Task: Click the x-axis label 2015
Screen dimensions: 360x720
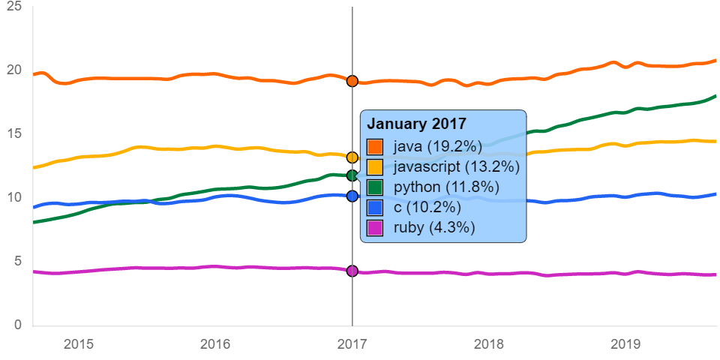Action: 79,344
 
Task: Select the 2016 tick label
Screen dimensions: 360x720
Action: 215,344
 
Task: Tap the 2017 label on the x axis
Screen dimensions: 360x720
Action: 352,344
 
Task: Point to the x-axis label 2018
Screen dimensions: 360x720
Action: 488,344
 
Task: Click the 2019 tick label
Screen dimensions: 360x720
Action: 625,344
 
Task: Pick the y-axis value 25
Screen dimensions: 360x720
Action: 13,7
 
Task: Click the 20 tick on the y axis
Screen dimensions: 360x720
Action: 13,70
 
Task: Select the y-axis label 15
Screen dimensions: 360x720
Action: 13,133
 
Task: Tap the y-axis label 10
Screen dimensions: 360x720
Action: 13,197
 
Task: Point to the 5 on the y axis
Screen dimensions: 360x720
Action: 17,261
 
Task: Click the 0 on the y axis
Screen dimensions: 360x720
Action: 17,325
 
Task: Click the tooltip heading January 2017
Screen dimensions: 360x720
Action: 416,124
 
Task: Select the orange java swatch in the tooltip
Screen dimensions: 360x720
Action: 374,146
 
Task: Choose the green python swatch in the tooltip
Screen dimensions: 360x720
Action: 374,187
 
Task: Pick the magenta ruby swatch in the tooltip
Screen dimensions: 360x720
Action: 374,228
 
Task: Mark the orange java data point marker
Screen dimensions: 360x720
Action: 352,80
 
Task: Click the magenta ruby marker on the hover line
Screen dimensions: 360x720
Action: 352,271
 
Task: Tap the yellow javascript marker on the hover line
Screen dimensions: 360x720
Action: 352,157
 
